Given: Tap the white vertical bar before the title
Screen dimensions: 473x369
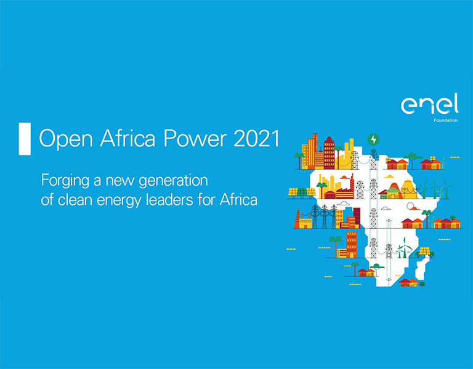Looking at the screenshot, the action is (25, 139).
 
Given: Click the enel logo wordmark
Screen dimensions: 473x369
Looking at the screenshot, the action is (429, 104).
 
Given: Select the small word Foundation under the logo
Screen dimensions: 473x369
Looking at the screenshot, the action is (445, 120).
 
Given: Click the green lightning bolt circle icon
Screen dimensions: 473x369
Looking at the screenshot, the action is (373, 140).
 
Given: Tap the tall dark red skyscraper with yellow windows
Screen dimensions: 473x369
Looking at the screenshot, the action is (329, 153).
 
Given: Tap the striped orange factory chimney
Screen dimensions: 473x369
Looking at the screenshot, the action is (297, 219).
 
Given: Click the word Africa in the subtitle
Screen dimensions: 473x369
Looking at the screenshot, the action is (238, 200).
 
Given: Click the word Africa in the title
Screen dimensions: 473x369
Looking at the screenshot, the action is (127, 138).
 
